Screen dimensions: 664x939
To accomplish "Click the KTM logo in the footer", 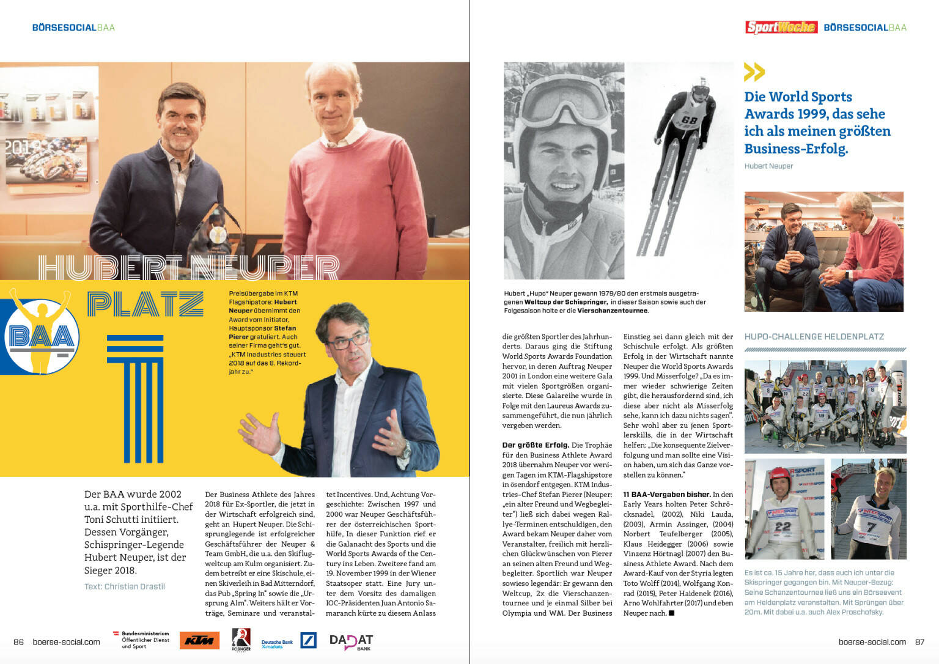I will [x=199, y=640].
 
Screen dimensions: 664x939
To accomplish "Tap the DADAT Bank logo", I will [x=351, y=641].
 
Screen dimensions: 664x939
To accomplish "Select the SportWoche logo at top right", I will [x=781, y=27].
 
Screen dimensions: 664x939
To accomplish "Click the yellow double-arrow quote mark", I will [x=754, y=72].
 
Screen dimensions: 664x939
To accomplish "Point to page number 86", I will [x=19, y=642].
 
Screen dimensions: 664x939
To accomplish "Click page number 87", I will [x=919, y=642].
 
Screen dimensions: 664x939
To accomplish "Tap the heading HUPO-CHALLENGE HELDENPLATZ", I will [x=814, y=337].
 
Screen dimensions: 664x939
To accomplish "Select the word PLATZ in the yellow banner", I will [x=145, y=304].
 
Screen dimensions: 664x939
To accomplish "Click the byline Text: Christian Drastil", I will [x=125, y=586].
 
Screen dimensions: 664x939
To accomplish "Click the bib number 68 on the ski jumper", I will [x=689, y=120].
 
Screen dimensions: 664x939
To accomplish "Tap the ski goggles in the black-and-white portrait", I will [x=561, y=98].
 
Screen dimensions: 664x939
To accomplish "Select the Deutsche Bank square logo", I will [x=308, y=640].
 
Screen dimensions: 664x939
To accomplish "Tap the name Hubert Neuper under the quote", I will [x=768, y=166].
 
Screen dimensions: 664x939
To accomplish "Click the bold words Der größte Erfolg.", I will [x=536, y=445].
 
